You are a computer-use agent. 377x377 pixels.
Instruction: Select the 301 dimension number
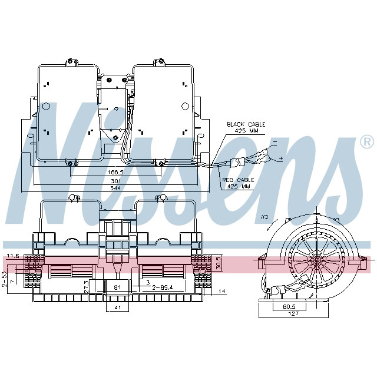116,180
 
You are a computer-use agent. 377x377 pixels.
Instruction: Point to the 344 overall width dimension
116,188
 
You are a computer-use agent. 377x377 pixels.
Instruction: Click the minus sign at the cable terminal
273,143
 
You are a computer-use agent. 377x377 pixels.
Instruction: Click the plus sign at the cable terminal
280,159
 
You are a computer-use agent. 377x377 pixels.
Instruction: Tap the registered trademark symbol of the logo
366,142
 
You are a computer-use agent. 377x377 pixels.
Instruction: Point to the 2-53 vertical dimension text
4,276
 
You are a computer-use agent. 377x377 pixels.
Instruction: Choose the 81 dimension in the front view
117,287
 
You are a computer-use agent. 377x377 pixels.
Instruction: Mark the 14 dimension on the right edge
221,291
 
